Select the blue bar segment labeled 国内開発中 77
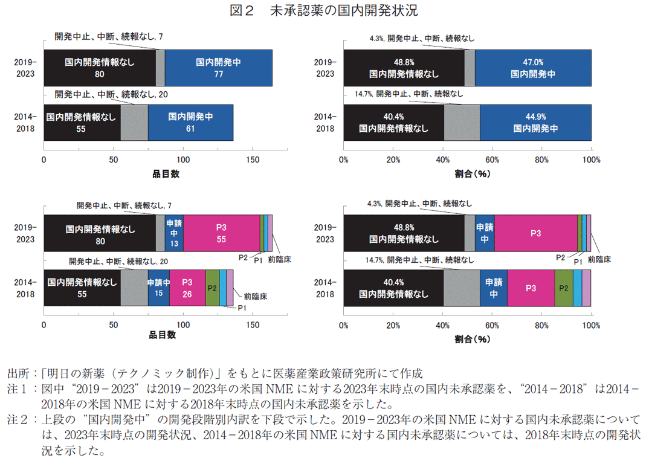218,68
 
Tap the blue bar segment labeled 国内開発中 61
190,123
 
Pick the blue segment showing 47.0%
533,68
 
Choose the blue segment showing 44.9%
535,123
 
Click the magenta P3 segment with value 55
221,233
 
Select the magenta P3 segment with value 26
187,288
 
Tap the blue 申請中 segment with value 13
174,233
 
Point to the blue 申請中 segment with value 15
158,288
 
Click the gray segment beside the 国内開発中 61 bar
134,123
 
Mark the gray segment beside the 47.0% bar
470,68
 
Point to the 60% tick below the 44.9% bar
492,160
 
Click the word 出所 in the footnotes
17,372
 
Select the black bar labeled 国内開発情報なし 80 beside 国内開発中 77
100,68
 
